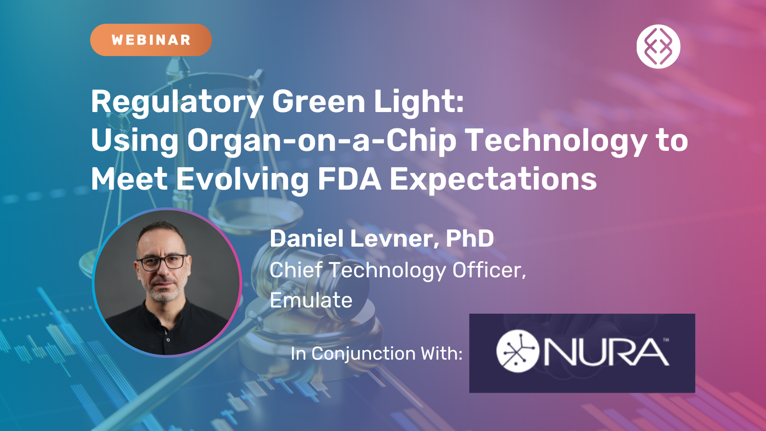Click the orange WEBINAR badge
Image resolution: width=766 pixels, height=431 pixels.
tap(151, 40)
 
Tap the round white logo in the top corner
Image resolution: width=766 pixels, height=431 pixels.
tap(658, 46)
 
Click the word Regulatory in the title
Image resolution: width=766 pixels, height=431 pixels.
tap(177, 102)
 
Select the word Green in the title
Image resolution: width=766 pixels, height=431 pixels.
tap(318, 102)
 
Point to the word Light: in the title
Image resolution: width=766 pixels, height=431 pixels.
tap(419, 102)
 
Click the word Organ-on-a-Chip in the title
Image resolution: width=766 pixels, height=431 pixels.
tap(321, 141)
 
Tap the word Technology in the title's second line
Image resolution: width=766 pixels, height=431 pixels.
tap(556, 141)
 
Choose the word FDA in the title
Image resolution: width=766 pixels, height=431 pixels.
tap(349, 179)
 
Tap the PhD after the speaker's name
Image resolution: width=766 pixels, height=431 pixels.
tap(470, 238)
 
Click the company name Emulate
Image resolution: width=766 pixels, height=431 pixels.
tap(311, 300)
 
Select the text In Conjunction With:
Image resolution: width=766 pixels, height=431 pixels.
tap(376, 354)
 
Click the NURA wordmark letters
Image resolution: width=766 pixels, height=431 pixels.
tap(607, 352)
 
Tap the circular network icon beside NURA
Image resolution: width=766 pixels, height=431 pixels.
tap(518, 351)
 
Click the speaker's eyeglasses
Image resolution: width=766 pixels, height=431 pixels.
tap(162, 262)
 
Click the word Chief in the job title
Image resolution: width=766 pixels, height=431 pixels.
tap(296, 270)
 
